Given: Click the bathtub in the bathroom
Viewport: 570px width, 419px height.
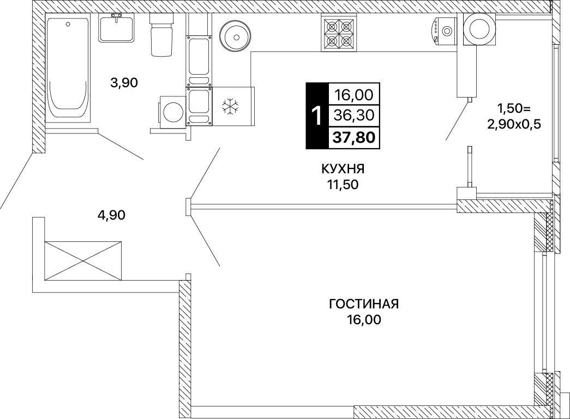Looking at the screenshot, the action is [x=68, y=68].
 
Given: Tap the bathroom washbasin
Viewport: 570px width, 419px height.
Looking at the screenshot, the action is [x=117, y=28].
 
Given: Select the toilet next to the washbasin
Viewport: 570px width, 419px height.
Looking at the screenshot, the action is [x=160, y=35].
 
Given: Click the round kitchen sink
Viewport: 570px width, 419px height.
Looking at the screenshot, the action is [x=236, y=37].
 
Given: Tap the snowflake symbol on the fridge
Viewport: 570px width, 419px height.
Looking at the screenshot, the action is [x=231, y=106].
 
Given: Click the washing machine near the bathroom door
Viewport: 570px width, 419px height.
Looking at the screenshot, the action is [x=172, y=112].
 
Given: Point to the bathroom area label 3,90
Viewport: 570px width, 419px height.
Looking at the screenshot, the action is [x=124, y=83].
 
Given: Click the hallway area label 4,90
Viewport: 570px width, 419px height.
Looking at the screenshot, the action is [x=111, y=215].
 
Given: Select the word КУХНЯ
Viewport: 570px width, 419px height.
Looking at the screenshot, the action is [x=343, y=169].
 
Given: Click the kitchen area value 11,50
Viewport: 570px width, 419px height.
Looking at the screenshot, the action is [x=343, y=185].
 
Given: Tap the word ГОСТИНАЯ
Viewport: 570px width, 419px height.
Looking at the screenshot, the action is [x=364, y=304].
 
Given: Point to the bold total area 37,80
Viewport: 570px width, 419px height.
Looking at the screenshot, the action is [x=353, y=138].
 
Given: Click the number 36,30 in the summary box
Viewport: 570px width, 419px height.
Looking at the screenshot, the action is [x=354, y=116].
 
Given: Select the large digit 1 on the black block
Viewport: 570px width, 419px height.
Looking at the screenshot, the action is [x=317, y=116].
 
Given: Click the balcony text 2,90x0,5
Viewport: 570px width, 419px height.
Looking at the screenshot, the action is [x=514, y=125].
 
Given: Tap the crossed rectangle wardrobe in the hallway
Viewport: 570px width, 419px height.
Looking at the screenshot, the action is [x=83, y=260].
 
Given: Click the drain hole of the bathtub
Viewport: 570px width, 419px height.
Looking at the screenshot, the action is [x=67, y=24].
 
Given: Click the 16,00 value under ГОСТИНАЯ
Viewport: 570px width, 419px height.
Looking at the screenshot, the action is [x=364, y=320].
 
